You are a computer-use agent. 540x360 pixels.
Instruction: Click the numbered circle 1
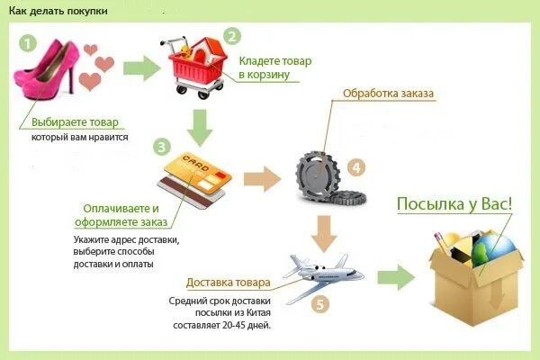pyautogui.click(x=28, y=42)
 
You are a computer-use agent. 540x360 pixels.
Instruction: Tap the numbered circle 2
pyautogui.click(x=232, y=37)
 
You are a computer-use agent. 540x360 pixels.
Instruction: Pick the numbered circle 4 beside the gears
pyautogui.click(x=356, y=166)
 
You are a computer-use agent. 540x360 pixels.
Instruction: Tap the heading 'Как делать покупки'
pyautogui.click(x=59, y=12)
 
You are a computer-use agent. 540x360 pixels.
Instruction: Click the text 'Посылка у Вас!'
pyautogui.click(x=454, y=203)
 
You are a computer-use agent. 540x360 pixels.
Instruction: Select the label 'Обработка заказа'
pyautogui.click(x=387, y=94)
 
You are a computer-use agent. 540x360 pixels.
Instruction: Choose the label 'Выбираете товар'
pyautogui.click(x=75, y=121)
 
